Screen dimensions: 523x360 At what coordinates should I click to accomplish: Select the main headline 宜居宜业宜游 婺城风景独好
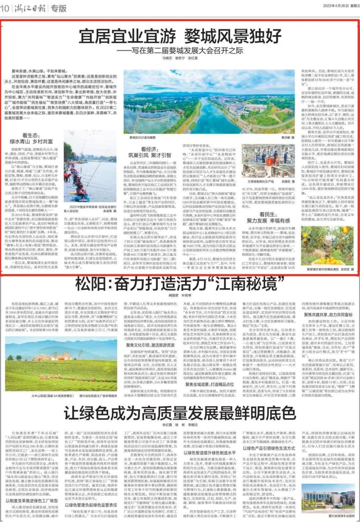click(180, 36)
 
